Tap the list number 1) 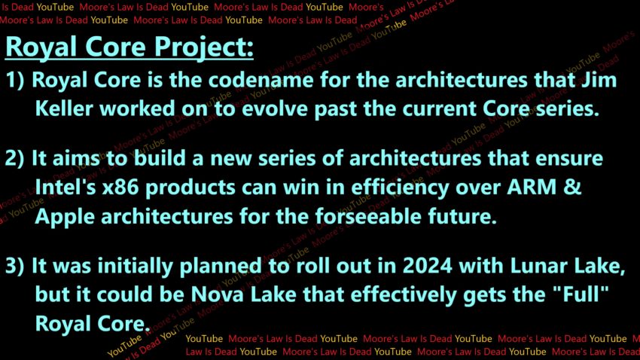coord(15,80)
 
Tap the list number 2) coord(15,158)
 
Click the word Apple coord(66,218)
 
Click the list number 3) coord(15,266)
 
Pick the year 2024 coord(428,266)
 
